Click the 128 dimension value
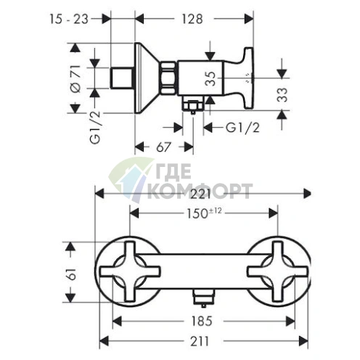coord(192,19)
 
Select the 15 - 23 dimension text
coord(69,19)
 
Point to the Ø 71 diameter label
coord(75,78)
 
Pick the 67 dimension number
coord(163,147)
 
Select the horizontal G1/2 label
coord(242,128)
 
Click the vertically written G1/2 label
coord(95,128)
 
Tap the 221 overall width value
coord(200,194)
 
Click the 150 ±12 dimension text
coord(204,213)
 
